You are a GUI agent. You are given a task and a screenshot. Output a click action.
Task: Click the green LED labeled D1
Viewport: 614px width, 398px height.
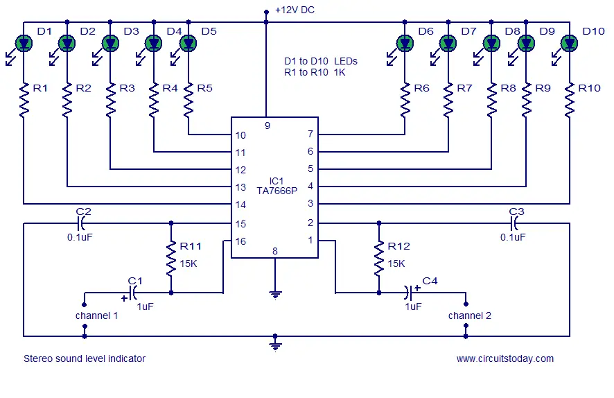coord(24,43)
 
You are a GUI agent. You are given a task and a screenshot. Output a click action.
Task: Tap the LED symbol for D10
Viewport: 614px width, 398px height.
coord(570,43)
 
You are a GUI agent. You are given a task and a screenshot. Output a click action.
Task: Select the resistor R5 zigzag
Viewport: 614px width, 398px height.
coord(188,100)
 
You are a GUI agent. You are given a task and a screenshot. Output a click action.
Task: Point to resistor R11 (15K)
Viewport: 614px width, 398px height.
coord(171,259)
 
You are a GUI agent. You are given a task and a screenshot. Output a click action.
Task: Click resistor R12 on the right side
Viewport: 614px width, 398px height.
coord(378,259)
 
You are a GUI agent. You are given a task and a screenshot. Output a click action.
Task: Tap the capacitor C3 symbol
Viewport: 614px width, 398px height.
coord(514,223)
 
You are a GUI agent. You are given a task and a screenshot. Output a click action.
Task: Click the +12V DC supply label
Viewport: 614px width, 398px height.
coord(295,10)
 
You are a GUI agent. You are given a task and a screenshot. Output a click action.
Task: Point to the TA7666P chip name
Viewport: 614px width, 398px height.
coord(277,191)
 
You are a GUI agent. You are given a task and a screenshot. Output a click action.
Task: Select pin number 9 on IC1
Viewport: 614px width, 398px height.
coord(267,126)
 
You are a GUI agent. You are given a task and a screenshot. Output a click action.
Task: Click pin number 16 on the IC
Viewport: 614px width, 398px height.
coord(240,241)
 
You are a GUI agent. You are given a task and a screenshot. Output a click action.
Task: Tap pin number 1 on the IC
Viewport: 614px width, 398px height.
coord(310,240)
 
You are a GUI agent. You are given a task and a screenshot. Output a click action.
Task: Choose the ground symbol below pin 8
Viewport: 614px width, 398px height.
coord(275,295)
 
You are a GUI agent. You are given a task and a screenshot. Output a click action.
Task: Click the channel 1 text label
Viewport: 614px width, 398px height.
coord(97,315)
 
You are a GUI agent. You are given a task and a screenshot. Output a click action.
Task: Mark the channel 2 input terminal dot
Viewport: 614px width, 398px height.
coord(466,304)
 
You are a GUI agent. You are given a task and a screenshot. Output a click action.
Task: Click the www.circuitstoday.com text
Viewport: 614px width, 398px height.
coord(505,358)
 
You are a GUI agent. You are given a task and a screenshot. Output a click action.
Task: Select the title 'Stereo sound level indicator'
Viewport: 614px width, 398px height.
coord(85,358)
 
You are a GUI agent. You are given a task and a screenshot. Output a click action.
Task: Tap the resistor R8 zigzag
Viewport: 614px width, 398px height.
coord(491,100)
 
